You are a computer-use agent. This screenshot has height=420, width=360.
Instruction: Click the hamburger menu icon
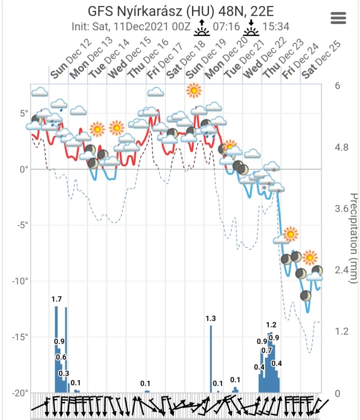pos(340,17)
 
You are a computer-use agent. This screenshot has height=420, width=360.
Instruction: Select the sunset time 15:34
pos(277,26)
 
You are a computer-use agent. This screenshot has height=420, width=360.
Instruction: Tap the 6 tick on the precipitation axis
pos(338,85)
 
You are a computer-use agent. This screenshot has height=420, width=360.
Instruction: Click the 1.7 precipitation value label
pos(56,299)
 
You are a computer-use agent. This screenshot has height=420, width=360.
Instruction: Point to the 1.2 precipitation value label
pos(271,325)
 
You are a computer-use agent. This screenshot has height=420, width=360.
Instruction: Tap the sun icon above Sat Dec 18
pos(194,90)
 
